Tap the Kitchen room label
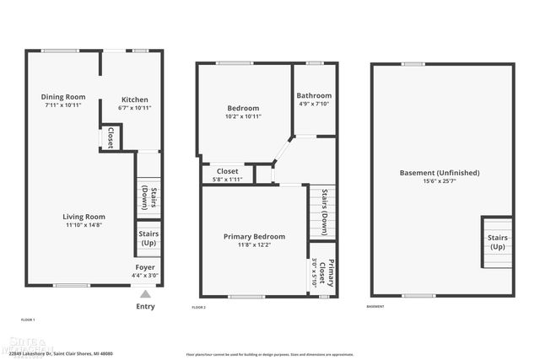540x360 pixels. (x=135, y=99)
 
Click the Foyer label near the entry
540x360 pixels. (x=145, y=267)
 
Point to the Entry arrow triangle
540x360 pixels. (x=145, y=293)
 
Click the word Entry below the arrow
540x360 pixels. (x=145, y=306)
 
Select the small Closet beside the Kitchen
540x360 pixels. (x=111, y=137)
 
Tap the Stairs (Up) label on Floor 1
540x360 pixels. (x=148, y=239)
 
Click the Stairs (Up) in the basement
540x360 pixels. (x=497, y=242)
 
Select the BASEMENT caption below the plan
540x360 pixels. (x=375, y=306)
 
